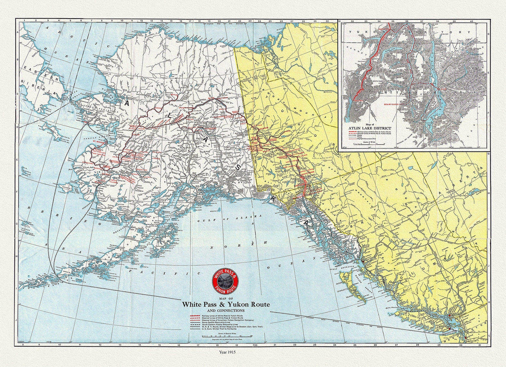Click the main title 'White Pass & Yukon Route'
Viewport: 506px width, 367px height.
click(226, 305)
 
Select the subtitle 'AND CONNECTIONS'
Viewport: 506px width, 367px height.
click(226, 310)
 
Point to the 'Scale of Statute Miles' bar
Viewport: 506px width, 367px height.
click(226, 336)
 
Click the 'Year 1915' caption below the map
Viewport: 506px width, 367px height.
click(226, 353)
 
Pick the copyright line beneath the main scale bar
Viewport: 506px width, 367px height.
click(226, 340)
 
